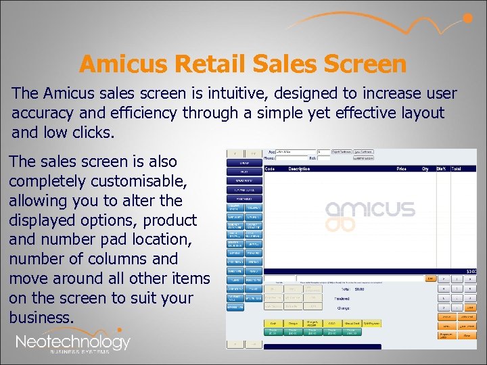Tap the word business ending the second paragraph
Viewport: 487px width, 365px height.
40,317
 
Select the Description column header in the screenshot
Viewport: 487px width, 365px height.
299,168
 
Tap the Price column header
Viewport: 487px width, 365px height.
402,168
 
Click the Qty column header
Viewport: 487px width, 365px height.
425,168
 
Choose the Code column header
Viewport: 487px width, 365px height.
269,168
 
